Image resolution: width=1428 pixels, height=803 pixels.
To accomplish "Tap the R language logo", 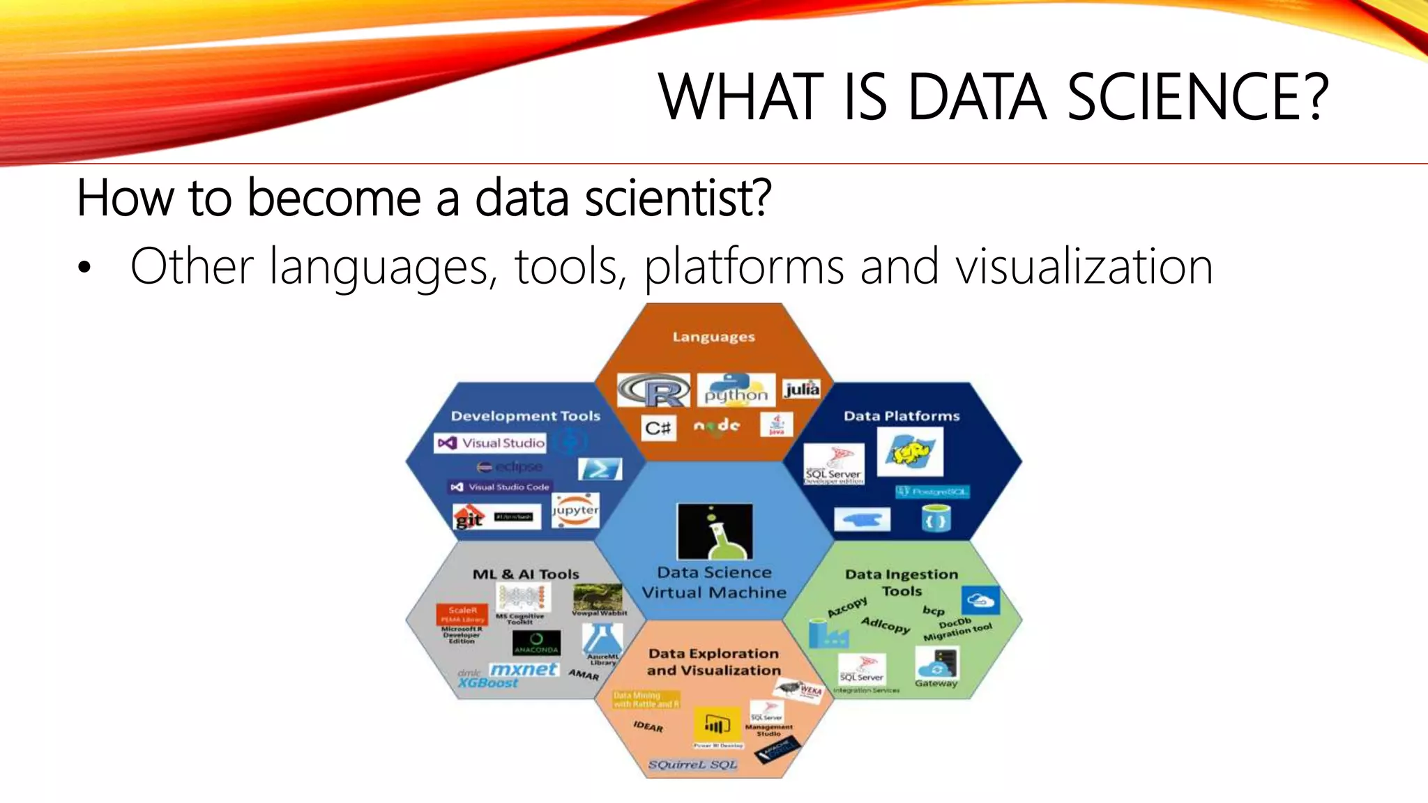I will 654,390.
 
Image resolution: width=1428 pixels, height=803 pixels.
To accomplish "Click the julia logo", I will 801,389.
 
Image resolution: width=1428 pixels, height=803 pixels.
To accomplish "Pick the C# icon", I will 658,427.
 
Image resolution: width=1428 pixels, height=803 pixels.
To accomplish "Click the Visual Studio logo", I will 489,443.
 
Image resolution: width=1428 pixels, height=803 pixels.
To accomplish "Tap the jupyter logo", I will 575,511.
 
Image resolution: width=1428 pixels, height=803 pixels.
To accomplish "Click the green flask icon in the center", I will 715,532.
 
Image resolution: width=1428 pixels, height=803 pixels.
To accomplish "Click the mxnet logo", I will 523,669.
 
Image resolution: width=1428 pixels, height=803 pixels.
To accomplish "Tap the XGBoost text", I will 488,684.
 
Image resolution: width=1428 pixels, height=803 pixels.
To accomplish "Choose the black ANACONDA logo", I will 536,643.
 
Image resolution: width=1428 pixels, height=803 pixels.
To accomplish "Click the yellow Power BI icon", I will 717,726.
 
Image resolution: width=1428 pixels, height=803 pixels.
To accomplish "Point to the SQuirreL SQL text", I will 692,765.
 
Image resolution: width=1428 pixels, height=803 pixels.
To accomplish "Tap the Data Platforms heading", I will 902,416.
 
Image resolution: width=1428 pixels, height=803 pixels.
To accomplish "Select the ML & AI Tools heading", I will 526,574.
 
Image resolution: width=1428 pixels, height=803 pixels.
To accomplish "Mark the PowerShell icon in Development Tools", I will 600,468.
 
